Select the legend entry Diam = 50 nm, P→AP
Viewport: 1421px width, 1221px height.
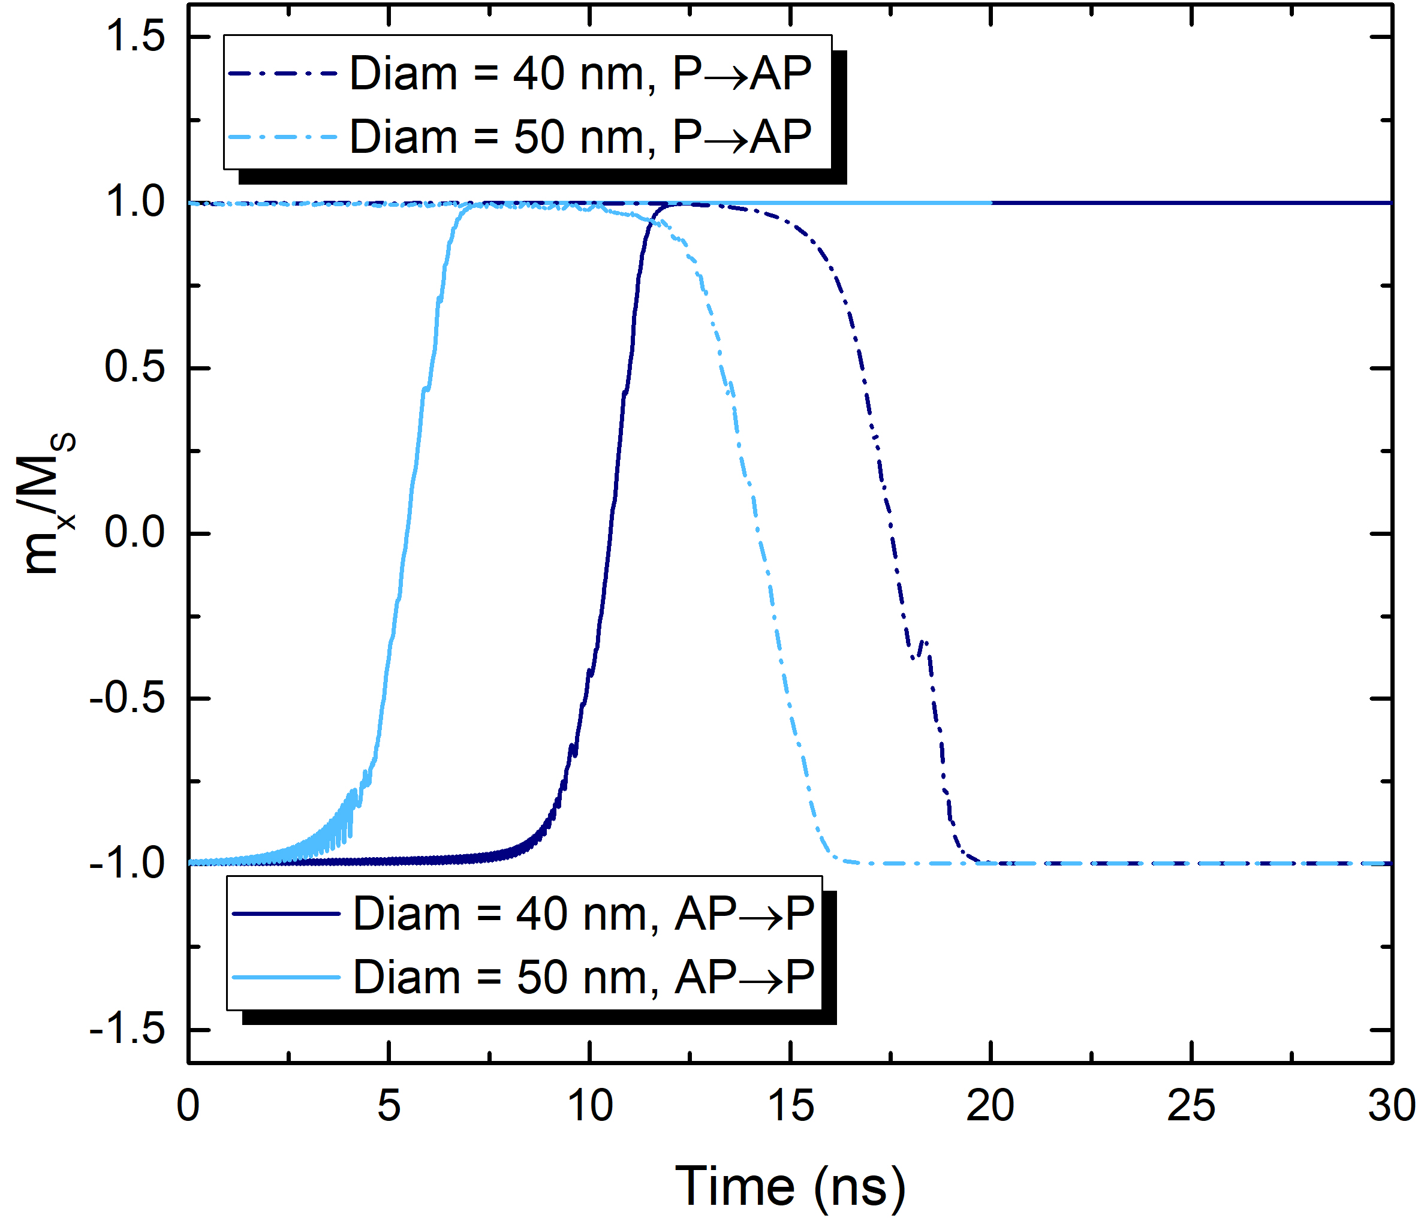click(580, 137)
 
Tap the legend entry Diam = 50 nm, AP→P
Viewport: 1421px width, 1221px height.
click(583, 977)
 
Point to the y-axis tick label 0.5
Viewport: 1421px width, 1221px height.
click(135, 367)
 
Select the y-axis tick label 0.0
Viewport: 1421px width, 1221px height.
click(135, 533)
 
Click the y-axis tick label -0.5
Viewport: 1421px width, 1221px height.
click(128, 698)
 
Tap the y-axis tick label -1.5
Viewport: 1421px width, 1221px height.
click(128, 1030)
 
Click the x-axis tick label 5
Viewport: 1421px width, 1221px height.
click(389, 1106)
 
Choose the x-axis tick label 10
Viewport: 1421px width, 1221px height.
click(590, 1106)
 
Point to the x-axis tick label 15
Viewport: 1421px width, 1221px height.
click(791, 1106)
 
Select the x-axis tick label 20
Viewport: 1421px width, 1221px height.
click(991, 1106)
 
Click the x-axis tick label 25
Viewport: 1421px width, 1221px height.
click(1192, 1106)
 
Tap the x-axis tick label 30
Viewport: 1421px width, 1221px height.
click(1391, 1106)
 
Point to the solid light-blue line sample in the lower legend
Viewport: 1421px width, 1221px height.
click(286, 977)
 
